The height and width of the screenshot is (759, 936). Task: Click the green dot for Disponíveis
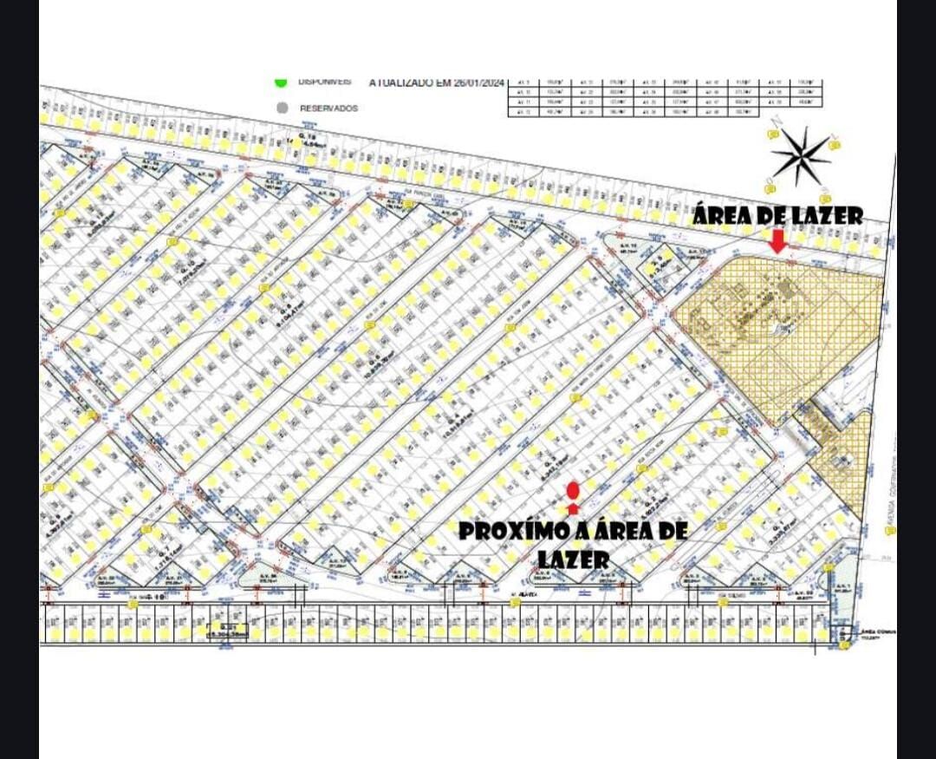point(281,82)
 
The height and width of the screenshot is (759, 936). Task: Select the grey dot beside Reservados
point(281,108)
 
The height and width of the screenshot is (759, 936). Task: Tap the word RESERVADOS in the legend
point(328,108)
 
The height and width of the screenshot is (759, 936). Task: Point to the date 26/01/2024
point(473,82)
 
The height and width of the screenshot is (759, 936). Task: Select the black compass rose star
point(801,156)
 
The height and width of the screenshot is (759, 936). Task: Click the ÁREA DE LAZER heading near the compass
point(777,216)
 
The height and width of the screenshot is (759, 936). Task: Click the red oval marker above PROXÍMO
point(573,492)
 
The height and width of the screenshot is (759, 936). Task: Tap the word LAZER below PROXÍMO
point(573,560)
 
